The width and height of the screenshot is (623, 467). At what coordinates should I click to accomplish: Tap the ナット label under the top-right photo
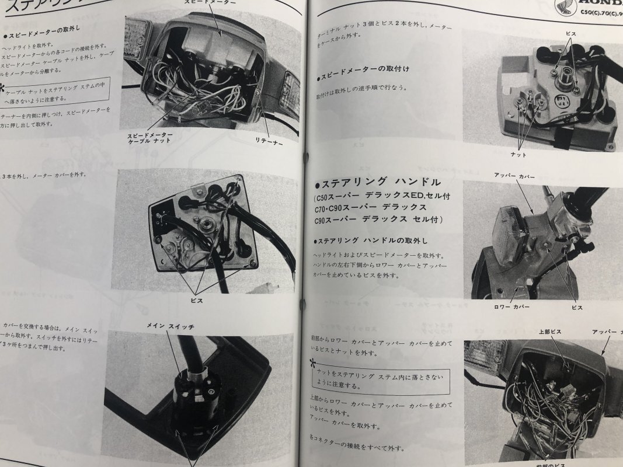[x=518, y=155]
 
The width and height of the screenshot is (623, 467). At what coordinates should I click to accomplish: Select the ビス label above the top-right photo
[x=570, y=34]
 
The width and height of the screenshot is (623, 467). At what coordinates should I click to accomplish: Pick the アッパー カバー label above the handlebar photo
[x=514, y=176]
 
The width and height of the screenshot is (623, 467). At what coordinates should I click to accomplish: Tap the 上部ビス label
[x=549, y=332]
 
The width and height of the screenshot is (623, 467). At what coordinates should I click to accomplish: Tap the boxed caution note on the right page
[x=380, y=381]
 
